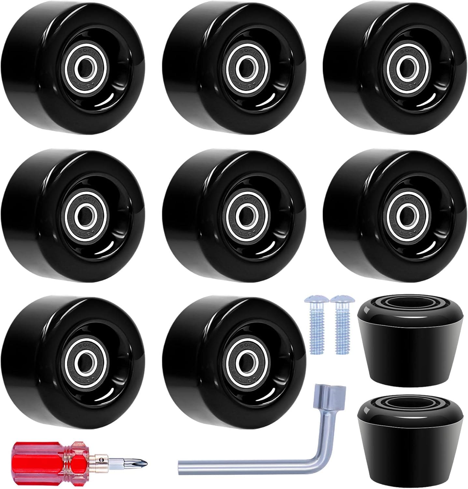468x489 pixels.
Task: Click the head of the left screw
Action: tap(313, 300)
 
